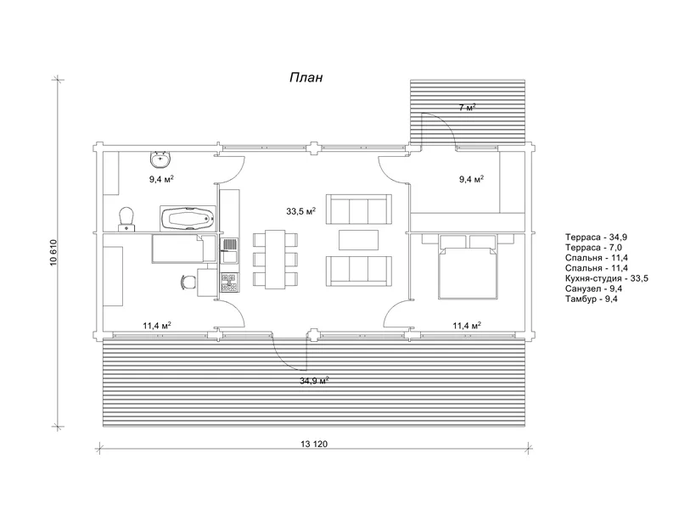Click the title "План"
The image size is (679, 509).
coord(306,77)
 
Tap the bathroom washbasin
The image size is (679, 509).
coord(161,159)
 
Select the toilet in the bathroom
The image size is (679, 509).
coord(126,218)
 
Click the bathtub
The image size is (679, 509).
coord(188,219)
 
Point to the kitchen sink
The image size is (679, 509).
coord(228,251)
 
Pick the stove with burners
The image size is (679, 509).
coord(229,282)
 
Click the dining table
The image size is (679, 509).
coord(275,260)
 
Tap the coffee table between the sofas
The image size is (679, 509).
coord(358,240)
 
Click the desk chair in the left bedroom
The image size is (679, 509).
coord(188,282)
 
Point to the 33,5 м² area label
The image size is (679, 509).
coord(300,211)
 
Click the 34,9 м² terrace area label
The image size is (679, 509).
coord(314,381)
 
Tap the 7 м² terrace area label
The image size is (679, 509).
coord(468,107)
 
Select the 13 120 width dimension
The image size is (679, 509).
coord(314,444)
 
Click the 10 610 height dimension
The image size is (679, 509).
coord(53,253)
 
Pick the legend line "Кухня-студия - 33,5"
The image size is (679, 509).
coord(606,278)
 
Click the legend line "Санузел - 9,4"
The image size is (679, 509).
coord(593,288)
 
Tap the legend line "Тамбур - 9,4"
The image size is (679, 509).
coord(591,299)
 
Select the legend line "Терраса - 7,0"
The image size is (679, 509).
coord(593,248)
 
